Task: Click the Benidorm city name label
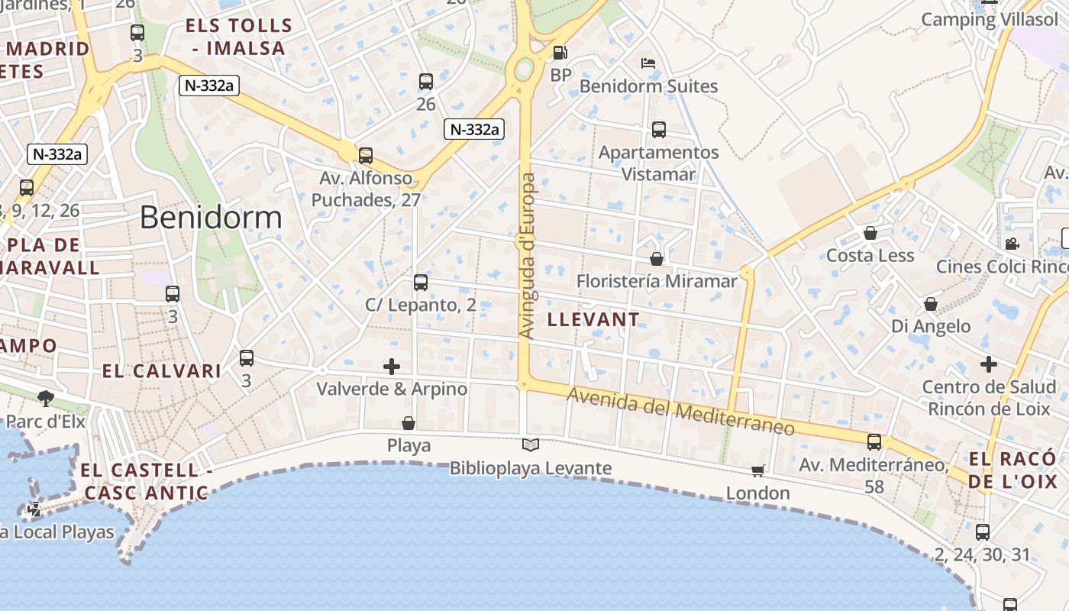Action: pyautogui.click(x=211, y=218)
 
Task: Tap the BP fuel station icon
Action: pyautogui.click(x=560, y=53)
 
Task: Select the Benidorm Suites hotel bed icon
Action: pyautogui.click(x=648, y=63)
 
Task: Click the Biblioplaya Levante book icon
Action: pyautogui.click(x=531, y=445)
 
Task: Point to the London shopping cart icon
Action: pyautogui.click(x=757, y=470)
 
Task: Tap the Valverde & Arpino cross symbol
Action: pyautogui.click(x=392, y=367)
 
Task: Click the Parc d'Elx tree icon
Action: pyautogui.click(x=46, y=398)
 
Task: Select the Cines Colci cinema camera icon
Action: pyautogui.click(x=1012, y=244)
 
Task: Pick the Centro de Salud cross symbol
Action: pyautogui.click(x=989, y=364)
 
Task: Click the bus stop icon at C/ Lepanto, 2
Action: pyautogui.click(x=421, y=283)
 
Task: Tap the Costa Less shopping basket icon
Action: pyautogui.click(x=870, y=233)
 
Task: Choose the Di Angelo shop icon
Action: pyautogui.click(x=931, y=304)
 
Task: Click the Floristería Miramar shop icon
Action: pyautogui.click(x=657, y=259)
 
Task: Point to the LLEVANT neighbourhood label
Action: pyautogui.click(x=593, y=319)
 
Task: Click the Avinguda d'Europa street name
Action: pyautogui.click(x=527, y=256)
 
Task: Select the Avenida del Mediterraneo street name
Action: pyautogui.click(x=681, y=411)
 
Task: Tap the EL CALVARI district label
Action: pyautogui.click(x=162, y=371)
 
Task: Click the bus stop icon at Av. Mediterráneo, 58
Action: pyautogui.click(x=874, y=441)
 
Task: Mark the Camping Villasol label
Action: pyautogui.click(x=990, y=19)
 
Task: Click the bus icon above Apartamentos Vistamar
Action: pyautogui.click(x=659, y=130)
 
